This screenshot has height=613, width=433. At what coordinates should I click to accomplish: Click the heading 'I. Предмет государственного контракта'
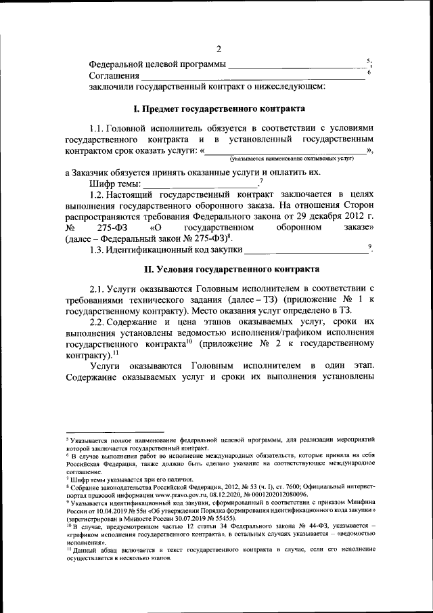[x=219, y=108]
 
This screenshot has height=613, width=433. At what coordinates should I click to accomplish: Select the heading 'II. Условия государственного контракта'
[x=219, y=270]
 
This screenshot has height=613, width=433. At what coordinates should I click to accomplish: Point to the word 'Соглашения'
[x=114, y=75]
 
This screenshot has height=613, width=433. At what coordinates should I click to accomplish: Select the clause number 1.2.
[x=99, y=194]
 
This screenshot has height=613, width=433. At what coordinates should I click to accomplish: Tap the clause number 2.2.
[x=99, y=322]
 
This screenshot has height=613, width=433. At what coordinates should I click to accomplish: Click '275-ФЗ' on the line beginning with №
[x=112, y=228]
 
